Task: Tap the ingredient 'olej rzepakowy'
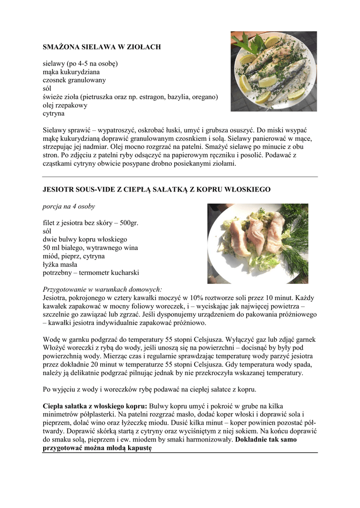(x=65, y=105)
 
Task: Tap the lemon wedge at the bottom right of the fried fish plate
(x=296, y=93)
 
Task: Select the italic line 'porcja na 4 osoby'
(x=69, y=206)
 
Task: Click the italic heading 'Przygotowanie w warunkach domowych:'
(x=102, y=289)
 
